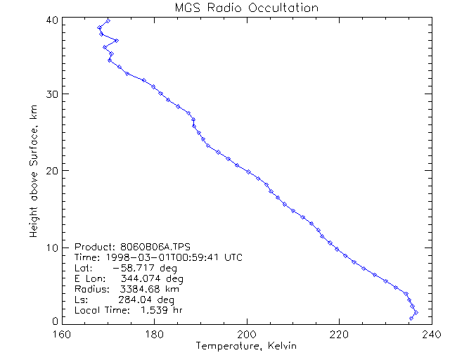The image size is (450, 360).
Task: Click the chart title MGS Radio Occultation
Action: tap(246, 8)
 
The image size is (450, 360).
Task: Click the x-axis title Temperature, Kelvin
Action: tap(246, 346)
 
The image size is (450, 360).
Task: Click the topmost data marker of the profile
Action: tap(108, 20)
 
